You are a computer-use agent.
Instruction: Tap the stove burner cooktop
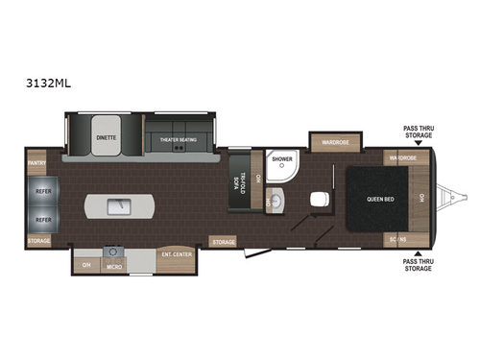point(109,252)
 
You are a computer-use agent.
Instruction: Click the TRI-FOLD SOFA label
point(242,183)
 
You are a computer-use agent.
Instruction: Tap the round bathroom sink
point(276,201)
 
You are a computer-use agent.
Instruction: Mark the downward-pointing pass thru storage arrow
point(417,143)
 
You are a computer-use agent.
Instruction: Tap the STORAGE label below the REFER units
point(38,241)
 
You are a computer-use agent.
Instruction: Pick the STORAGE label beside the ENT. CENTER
point(223,242)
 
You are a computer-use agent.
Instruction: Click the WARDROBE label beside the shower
point(334,143)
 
